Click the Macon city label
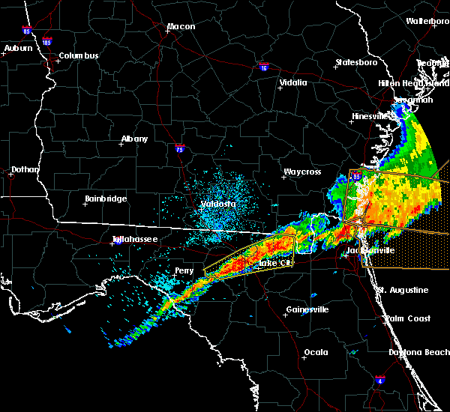click(x=181, y=27)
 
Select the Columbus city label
click(x=79, y=55)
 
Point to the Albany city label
click(x=135, y=139)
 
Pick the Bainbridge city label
click(x=105, y=199)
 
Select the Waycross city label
click(x=301, y=172)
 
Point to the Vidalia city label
click(x=293, y=82)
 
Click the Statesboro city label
click(x=358, y=62)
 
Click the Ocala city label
click(x=315, y=352)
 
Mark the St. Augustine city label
click(x=403, y=290)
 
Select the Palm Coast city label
click(x=408, y=318)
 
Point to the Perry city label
click(x=184, y=270)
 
